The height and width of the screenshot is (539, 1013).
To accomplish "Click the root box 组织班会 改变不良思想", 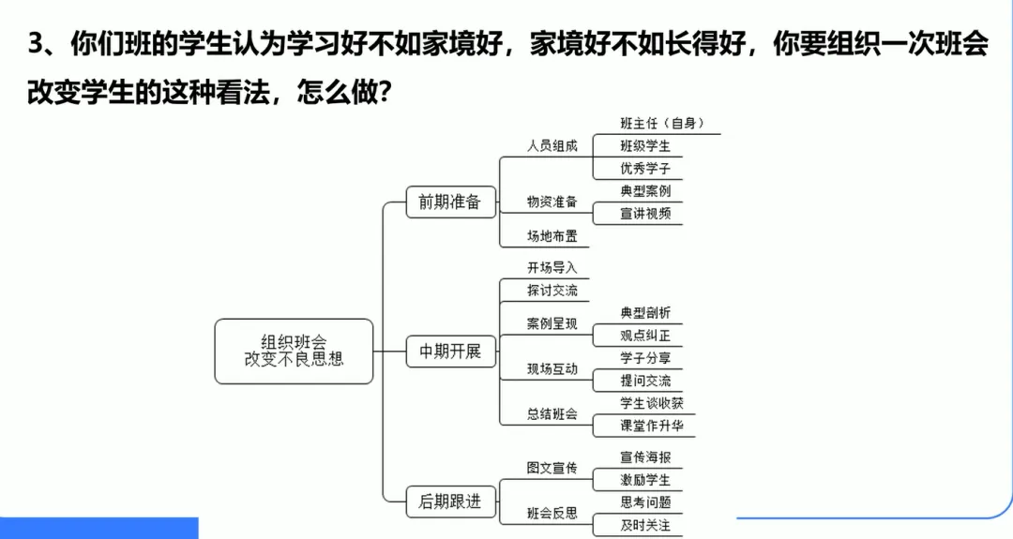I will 294,351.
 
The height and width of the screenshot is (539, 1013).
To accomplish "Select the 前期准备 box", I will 449,202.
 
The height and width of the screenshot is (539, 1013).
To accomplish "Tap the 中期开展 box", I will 449,352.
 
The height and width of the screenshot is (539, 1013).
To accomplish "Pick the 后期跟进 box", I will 449,502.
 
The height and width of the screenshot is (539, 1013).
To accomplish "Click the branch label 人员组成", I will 552,146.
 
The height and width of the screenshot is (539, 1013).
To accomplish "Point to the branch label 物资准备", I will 552,202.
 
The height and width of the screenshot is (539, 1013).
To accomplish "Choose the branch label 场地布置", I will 552,236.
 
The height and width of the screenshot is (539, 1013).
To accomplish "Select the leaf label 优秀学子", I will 645,169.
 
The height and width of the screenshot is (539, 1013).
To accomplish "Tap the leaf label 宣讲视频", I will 645,214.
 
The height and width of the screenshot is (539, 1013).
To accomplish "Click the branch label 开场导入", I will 552,268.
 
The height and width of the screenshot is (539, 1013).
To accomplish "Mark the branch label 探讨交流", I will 552,291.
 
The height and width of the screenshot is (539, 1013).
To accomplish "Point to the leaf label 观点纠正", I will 645,336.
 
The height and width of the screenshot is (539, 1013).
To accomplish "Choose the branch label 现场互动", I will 552,369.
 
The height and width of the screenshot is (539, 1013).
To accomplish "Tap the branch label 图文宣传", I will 552,468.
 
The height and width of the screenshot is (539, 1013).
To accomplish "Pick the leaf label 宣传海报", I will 645,457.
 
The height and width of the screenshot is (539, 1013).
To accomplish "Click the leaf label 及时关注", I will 645,525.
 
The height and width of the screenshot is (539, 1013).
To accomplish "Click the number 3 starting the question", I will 36,45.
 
